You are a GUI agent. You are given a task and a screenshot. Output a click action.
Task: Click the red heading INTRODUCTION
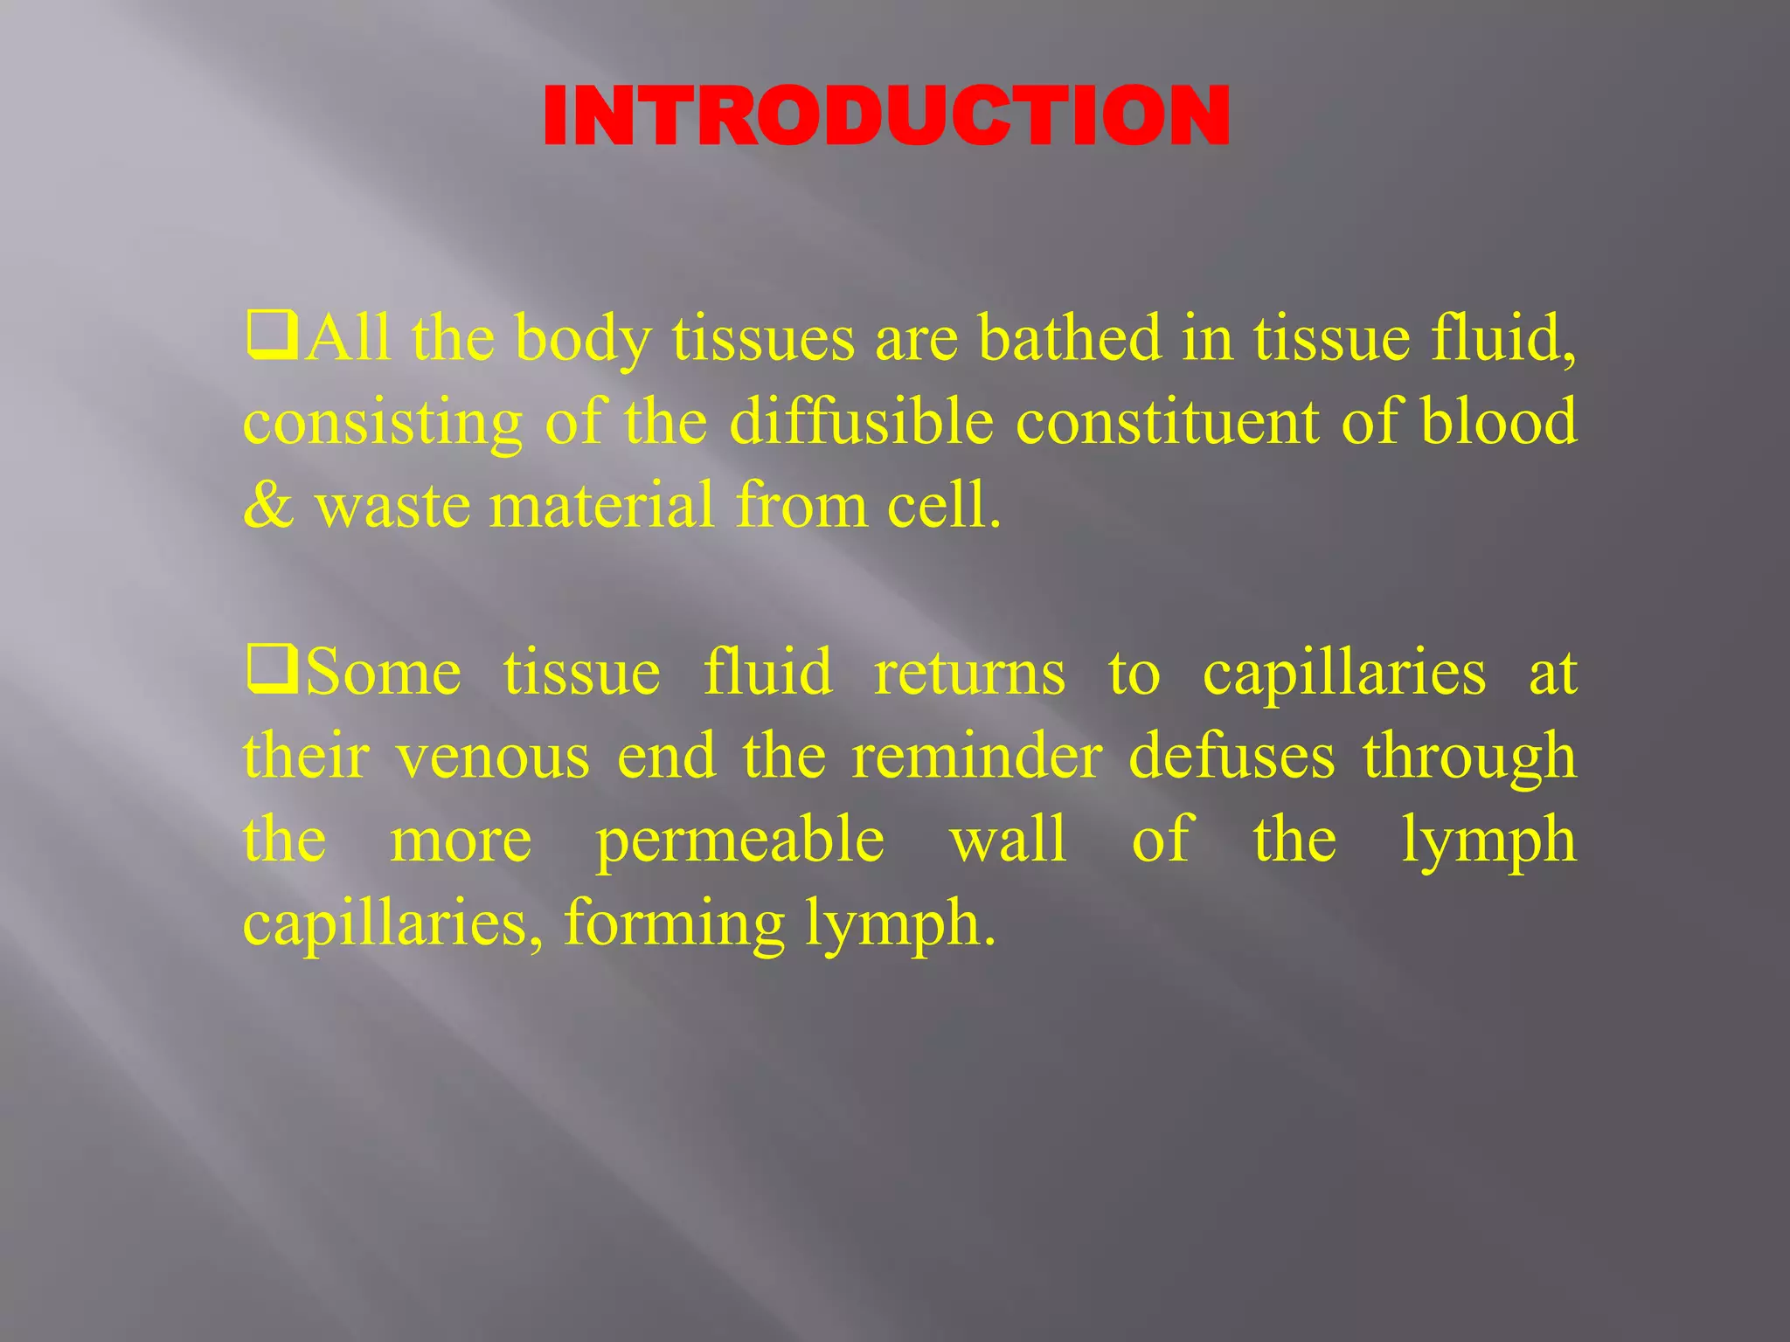[886, 117]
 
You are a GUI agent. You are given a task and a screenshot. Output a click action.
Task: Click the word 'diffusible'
[861, 421]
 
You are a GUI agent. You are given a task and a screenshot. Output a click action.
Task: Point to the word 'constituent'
[1167, 421]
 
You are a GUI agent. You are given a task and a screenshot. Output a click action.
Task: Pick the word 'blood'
[1498, 421]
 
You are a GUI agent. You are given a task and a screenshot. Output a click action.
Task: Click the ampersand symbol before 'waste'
[268, 505]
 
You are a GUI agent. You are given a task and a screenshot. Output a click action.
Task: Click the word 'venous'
[493, 757]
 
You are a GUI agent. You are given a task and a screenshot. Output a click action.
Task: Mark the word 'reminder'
[976, 757]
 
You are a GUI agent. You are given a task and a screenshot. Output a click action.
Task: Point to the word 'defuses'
[1231, 757]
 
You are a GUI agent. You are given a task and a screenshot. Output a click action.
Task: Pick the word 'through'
[1469, 757]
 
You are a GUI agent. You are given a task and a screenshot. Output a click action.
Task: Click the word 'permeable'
[739, 840]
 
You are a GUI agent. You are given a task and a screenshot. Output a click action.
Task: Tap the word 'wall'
[1008, 840]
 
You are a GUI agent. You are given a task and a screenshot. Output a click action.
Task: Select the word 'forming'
[674, 924]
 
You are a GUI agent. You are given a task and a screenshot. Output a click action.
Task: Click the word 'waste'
[392, 507]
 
